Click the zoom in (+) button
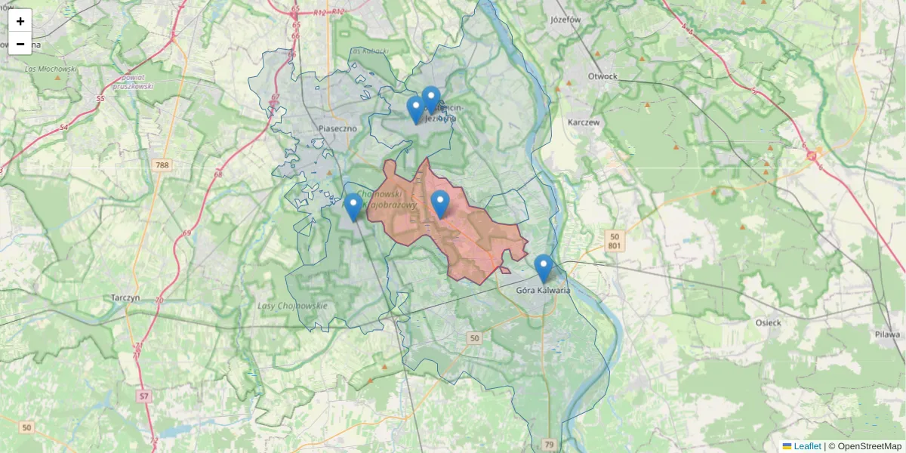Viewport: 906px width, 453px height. pyautogui.click(x=20, y=21)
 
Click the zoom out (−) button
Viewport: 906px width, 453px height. pyautogui.click(x=20, y=44)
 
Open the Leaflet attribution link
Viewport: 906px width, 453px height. pyautogui.click(x=806, y=446)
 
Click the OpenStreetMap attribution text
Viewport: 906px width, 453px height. pyautogui.click(x=869, y=446)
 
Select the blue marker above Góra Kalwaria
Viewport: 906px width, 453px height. pyautogui.click(x=543, y=268)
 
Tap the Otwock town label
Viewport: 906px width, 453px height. pyautogui.click(x=602, y=76)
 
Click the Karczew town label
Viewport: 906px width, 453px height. pyautogui.click(x=583, y=122)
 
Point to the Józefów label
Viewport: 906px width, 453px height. pyautogui.click(x=565, y=20)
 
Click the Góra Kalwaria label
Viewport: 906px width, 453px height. pyautogui.click(x=543, y=290)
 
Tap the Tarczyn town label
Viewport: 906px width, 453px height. pyautogui.click(x=125, y=297)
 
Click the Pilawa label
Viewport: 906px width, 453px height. pyautogui.click(x=889, y=334)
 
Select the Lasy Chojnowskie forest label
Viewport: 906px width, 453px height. pyautogui.click(x=292, y=306)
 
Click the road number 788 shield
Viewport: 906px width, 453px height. pyautogui.click(x=161, y=165)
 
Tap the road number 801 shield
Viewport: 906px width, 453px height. pyautogui.click(x=615, y=246)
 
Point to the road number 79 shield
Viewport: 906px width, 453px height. pyautogui.click(x=549, y=444)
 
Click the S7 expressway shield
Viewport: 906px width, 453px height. pyautogui.click(x=144, y=395)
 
